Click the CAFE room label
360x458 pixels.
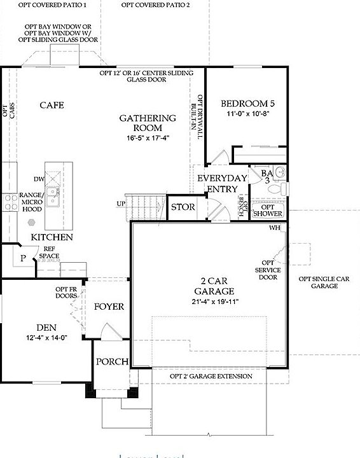(x=52, y=105)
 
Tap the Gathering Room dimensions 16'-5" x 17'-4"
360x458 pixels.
(x=148, y=137)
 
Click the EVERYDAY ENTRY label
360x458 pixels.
(x=221, y=183)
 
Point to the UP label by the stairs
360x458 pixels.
(x=121, y=204)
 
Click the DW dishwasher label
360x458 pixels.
(x=38, y=180)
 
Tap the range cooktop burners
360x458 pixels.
(x=11, y=202)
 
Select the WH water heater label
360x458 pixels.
(x=275, y=228)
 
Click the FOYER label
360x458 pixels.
(x=109, y=307)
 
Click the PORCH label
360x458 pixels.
(x=112, y=361)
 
